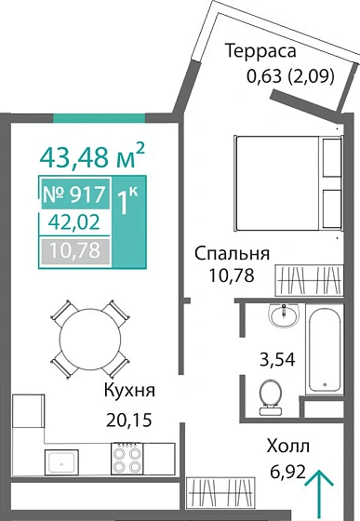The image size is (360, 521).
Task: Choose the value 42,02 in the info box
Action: point(74,223)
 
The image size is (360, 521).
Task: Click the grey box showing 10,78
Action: point(74,250)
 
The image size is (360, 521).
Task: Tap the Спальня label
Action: point(232,254)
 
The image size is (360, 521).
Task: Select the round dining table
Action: point(89,334)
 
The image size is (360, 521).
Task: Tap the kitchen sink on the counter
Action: point(62,458)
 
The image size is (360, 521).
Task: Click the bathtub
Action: point(327,358)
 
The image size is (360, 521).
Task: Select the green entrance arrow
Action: point(320,488)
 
